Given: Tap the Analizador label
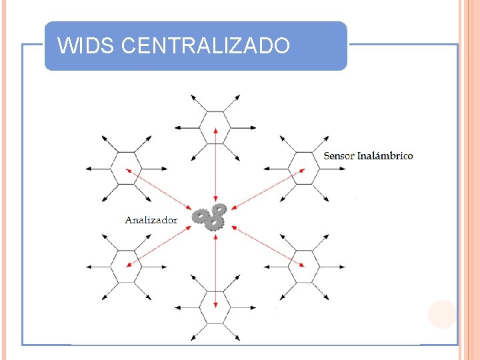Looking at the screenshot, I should pyautogui.click(x=151, y=220).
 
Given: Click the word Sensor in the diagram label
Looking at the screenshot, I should pyautogui.click(x=339, y=156).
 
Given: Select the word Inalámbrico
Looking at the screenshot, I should pyautogui.click(x=385, y=156).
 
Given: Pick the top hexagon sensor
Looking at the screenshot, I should pyautogui.click(x=215, y=127).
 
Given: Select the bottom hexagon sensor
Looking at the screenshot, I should pyautogui.click(x=215, y=307).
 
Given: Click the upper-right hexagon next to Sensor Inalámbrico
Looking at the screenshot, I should pyautogui.click(x=305, y=169).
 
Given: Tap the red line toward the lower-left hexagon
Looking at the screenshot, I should pyautogui.click(x=163, y=245).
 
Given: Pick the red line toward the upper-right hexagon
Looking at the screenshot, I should pyautogui.click(x=267, y=189).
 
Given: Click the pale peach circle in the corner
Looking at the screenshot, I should pyautogui.click(x=442, y=314).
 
